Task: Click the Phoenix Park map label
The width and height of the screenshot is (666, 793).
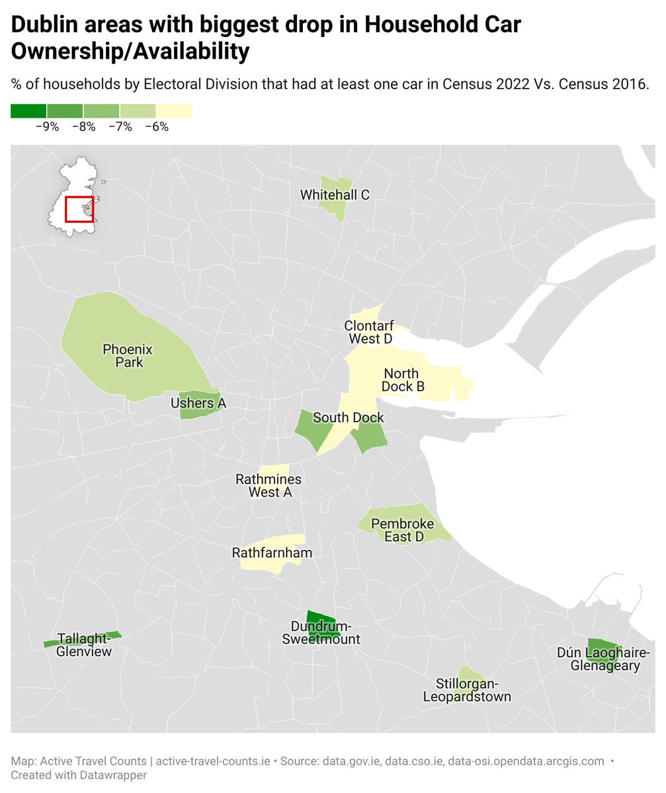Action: click(x=128, y=356)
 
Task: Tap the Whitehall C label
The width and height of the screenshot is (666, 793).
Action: click(x=335, y=195)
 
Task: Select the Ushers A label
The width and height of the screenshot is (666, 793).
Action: click(x=198, y=403)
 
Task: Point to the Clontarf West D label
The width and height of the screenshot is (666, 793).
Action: click(x=368, y=332)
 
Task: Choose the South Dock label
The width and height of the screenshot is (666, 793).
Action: click(x=348, y=418)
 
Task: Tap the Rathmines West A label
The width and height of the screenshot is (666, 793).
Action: click(x=269, y=485)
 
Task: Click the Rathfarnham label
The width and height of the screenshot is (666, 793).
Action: click(x=272, y=552)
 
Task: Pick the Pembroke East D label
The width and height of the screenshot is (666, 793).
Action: click(x=403, y=530)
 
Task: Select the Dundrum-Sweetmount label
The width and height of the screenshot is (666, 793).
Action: click(x=321, y=632)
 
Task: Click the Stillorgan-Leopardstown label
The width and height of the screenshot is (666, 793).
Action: click(x=467, y=690)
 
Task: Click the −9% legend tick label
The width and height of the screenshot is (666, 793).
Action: click(x=46, y=127)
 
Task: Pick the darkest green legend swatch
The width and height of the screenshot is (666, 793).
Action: click(x=28, y=111)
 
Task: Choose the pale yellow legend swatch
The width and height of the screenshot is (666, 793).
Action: click(x=174, y=111)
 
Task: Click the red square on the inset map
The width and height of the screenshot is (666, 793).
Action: click(x=79, y=209)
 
